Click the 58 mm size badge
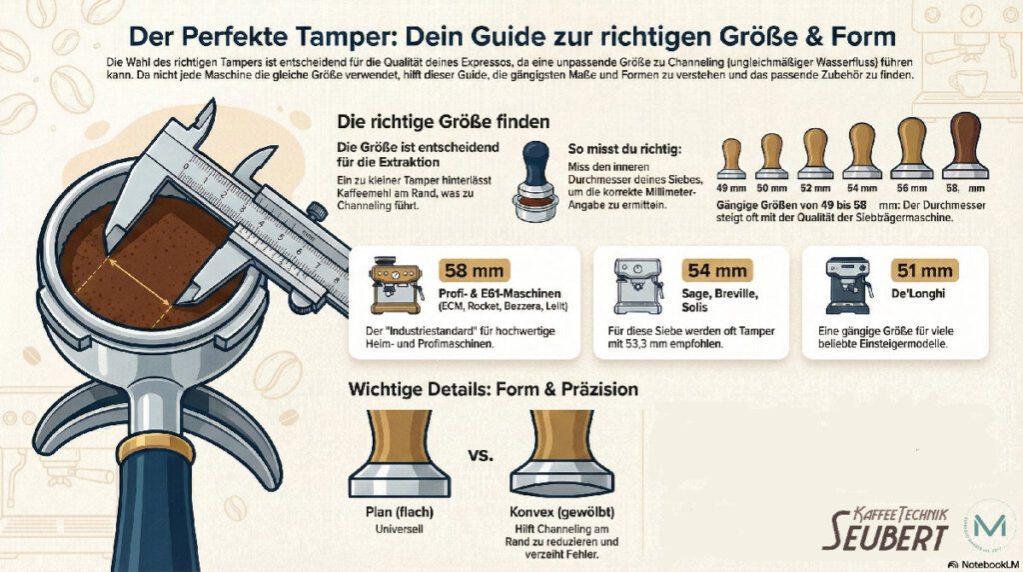[x=475, y=271]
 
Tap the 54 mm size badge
[x=715, y=271]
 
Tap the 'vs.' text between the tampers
[x=484, y=456]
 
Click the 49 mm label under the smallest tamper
[x=732, y=188]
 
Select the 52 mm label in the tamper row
[x=815, y=188]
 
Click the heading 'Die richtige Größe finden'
[x=444, y=123]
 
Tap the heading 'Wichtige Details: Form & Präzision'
[x=493, y=388]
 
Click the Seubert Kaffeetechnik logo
[x=885, y=526]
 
